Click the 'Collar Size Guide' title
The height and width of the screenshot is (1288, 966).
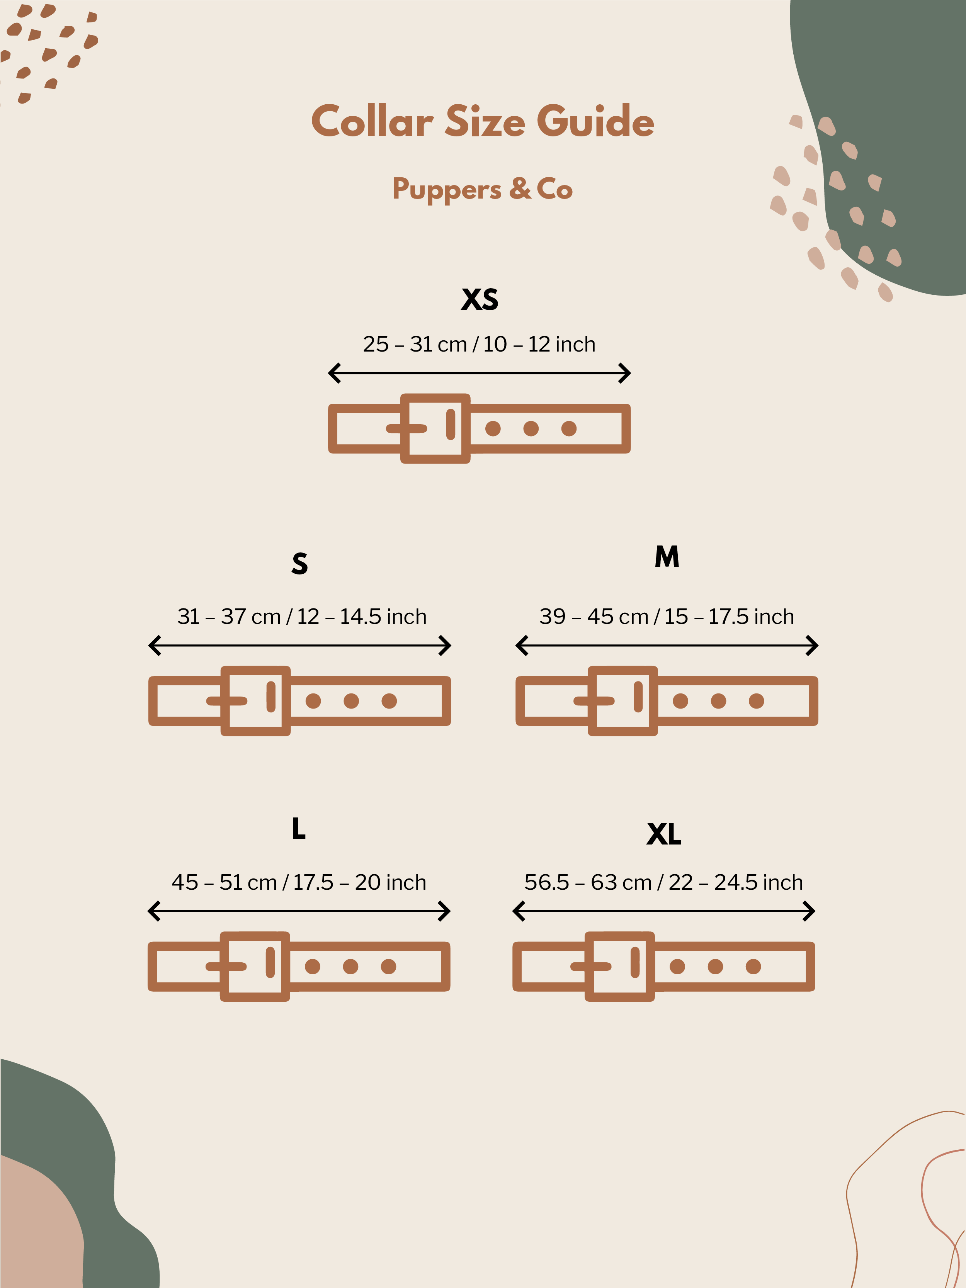(x=483, y=121)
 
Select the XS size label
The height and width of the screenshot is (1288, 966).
(x=480, y=299)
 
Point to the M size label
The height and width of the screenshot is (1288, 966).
(x=667, y=557)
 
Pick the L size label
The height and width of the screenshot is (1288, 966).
(x=298, y=828)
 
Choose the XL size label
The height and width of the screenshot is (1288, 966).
(x=664, y=834)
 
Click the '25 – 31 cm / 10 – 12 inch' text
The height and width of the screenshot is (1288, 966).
(x=479, y=344)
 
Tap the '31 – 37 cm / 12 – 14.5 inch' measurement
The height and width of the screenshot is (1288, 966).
(x=302, y=616)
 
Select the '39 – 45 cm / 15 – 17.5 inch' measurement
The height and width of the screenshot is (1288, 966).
(x=667, y=616)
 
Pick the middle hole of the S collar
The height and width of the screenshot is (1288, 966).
(x=351, y=701)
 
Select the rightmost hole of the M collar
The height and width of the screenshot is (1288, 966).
(x=757, y=701)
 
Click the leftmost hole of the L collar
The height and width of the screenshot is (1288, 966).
(x=313, y=967)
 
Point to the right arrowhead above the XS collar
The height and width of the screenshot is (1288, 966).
(x=625, y=373)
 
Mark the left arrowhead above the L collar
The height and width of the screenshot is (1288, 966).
(x=154, y=911)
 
